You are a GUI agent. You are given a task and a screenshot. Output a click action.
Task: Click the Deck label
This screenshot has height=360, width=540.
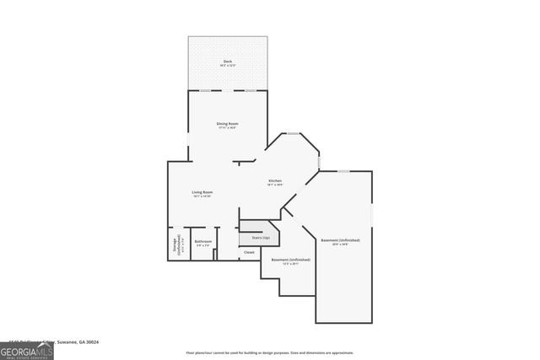pyautogui.click(x=227, y=62)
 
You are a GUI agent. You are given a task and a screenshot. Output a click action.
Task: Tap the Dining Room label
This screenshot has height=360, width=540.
pyautogui.click(x=227, y=124)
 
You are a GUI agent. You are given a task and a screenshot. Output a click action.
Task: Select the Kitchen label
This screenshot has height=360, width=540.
pyautogui.click(x=275, y=180)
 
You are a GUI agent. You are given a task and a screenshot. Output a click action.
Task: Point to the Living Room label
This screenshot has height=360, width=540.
pyautogui.click(x=202, y=192)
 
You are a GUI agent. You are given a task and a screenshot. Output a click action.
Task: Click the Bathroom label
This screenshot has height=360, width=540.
pyautogui.click(x=202, y=242)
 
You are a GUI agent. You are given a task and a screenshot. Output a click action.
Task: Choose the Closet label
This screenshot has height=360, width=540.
pyautogui.click(x=249, y=252)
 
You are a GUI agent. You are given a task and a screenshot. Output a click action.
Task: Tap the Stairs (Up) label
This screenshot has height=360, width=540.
pyautogui.click(x=260, y=238)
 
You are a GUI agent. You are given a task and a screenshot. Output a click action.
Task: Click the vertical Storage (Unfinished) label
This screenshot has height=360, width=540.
pyautogui.click(x=176, y=244)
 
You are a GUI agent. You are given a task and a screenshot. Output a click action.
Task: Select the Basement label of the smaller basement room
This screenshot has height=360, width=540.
pyautogui.click(x=290, y=260)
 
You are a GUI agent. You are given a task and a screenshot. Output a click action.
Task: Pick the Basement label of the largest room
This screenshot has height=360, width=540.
pyautogui.click(x=340, y=240)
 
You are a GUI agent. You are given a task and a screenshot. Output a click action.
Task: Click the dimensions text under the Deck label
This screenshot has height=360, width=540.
pyautogui.click(x=227, y=66)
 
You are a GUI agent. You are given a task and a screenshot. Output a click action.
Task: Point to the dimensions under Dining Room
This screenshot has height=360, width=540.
pyautogui.click(x=227, y=128)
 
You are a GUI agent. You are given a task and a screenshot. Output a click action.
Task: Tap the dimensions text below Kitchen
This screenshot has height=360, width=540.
pyautogui.click(x=275, y=185)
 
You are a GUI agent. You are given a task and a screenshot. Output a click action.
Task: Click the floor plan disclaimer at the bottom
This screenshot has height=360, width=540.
pyautogui.click(x=270, y=352)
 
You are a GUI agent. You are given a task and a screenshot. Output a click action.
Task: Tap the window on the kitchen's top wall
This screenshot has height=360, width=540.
pyautogui.click(x=293, y=133)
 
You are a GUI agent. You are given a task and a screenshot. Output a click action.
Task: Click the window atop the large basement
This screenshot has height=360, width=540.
pyautogui.click(x=343, y=171)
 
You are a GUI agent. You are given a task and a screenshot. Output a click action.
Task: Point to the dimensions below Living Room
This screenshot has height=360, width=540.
pyautogui.click(x=202, y=196)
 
